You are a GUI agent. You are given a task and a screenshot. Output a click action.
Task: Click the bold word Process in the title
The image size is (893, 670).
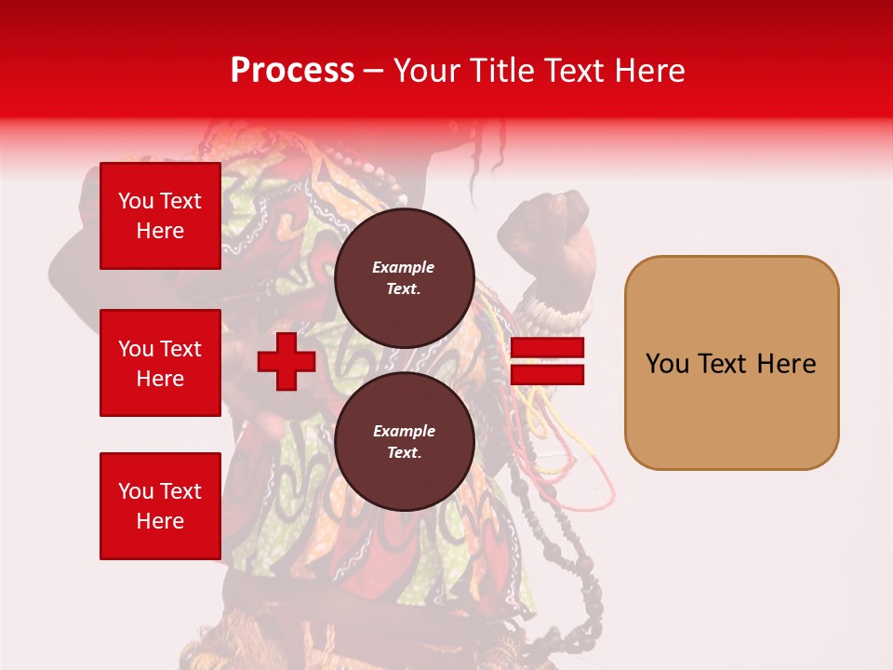pos(292,71)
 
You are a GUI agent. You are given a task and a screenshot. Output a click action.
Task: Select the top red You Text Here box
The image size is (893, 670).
pos(160,216)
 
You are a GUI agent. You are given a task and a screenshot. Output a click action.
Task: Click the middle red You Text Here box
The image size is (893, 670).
pos(160,363)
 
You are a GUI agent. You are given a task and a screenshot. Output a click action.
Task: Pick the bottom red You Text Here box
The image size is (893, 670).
pos(160,505)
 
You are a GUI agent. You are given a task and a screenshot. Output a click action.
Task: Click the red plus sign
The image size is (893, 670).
pos(287,362)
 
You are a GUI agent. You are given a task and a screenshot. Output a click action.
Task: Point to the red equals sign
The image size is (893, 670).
pos(547,362)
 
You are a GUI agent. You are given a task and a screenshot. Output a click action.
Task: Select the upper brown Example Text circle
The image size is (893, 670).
pos(404,277)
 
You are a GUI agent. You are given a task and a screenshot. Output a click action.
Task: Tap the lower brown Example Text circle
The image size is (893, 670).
pos(404,442)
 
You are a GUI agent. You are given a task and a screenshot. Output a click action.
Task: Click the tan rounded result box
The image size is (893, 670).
pos(731,363)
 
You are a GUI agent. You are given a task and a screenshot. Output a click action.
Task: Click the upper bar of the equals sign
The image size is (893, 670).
pos(547,349)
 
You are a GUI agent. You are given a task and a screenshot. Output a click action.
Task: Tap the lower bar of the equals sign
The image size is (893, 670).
pos(547,375)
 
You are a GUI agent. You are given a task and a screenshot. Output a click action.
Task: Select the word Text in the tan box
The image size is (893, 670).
pos(725,364)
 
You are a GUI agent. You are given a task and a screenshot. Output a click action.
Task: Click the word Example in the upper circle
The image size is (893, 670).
pos(404,267)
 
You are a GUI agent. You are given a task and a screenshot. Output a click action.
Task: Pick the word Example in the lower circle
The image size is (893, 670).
pos(404,431)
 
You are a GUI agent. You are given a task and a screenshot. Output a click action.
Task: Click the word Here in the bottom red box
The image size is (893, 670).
pos(160,521)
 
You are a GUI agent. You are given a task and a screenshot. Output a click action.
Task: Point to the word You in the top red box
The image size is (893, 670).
pos(135,201)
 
